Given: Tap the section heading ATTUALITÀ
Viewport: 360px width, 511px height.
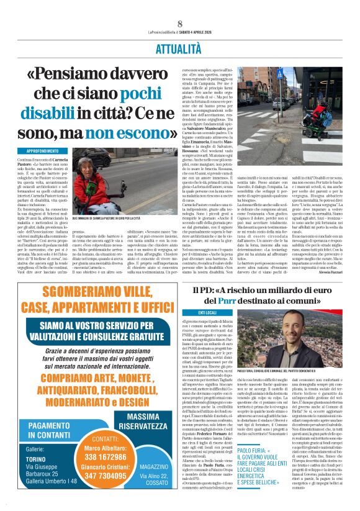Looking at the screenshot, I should coord(179,48).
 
